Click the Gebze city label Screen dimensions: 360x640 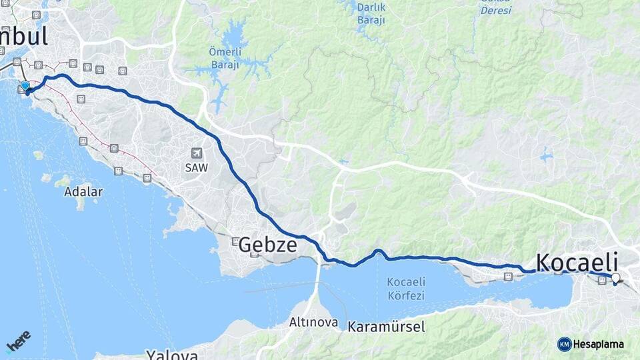[x=267, y=245]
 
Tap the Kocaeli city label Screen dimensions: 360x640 [x=577, y=261]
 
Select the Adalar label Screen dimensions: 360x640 [x=83, y=192]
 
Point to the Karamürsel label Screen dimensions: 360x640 [x=386, y=327]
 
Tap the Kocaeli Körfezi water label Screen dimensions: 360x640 [x=406, y=288]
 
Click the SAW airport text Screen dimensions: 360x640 [x=196, y=168]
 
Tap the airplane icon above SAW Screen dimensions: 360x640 [x=196, y=153]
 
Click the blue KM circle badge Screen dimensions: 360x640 [x=565, y=344]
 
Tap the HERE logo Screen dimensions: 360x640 [x=19, y=341]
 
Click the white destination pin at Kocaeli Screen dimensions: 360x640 [x=615, y=279]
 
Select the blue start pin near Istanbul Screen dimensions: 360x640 [x=25, y=86]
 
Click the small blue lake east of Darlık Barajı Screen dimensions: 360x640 [x=547, y=157]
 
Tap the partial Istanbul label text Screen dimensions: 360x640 [x=24, y=35]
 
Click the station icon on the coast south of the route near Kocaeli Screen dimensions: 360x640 [x=508, y=276]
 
